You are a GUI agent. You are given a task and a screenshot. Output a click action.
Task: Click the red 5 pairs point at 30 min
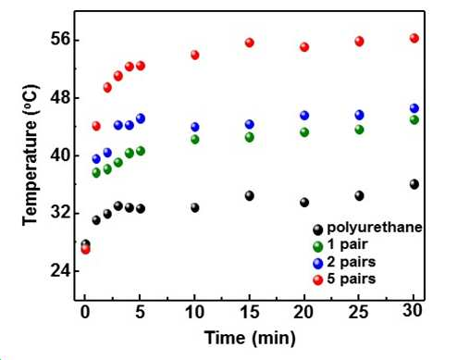[414, 38]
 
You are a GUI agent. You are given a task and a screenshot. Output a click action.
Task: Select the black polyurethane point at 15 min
[250, 195]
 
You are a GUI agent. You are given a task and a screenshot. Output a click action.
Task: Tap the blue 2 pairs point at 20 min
[304, 116]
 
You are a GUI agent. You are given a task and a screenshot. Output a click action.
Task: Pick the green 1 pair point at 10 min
[195, 139]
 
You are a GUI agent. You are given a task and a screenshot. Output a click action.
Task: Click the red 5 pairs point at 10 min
[195, 55]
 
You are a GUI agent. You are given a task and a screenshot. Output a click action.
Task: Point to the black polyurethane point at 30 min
[414, 184]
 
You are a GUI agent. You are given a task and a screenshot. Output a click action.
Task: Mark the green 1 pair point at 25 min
[359, 130]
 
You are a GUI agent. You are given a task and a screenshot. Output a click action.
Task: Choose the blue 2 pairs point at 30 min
[414, 108]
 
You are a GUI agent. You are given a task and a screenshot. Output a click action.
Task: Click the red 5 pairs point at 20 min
[304, 47]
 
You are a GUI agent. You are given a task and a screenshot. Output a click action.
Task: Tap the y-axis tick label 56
[60, 40]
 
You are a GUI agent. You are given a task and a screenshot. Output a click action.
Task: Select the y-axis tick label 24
[60, 271]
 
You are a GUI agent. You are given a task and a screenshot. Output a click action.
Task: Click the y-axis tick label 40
[60, 155]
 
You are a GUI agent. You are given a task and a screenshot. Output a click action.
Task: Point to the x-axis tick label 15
[250, 312]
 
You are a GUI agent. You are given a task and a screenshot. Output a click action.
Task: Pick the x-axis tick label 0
[85, 312]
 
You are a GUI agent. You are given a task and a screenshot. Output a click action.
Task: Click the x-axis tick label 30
[413, 311]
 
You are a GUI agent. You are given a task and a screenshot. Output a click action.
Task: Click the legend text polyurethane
[375, 228]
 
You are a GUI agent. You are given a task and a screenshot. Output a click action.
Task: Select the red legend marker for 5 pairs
[317, 280]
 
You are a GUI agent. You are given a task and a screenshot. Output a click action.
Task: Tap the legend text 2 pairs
[352, 262]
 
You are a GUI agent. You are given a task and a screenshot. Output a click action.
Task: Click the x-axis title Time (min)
[250, 338]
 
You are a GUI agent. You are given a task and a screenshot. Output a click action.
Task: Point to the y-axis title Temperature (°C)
[31, 155]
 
